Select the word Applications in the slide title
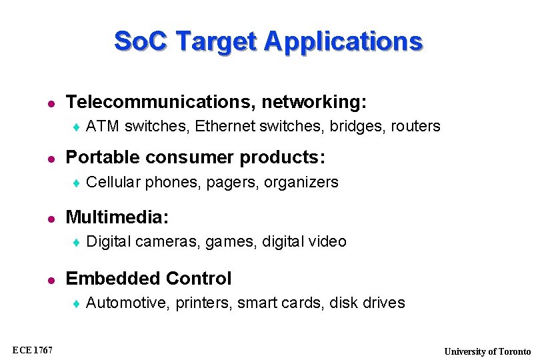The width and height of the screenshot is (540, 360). click(343, 41)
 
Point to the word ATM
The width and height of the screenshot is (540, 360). click(103, 126)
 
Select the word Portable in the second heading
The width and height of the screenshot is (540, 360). click(97, 157)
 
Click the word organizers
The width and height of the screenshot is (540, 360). click(302, 182)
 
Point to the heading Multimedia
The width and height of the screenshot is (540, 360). click(117, 217)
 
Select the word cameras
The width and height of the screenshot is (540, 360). click(168, 241)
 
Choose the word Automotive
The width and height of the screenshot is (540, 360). click(128, 303)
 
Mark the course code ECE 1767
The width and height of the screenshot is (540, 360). click(32, 351)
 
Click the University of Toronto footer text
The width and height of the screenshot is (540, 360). click(488, 351)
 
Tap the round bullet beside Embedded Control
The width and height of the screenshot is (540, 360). click(48, 279)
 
